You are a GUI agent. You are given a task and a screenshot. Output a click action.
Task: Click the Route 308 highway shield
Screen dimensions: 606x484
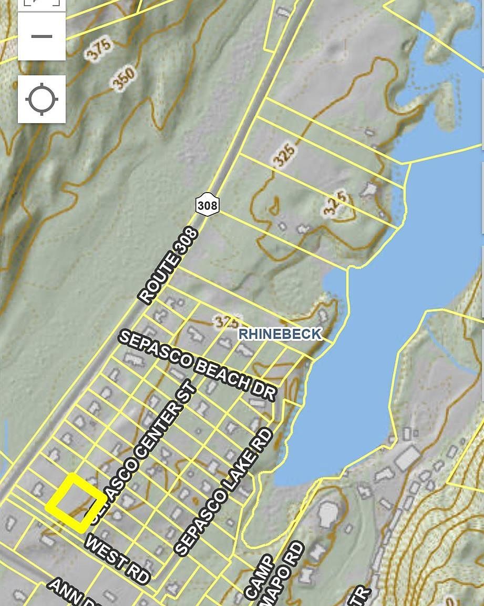tap(207, 205)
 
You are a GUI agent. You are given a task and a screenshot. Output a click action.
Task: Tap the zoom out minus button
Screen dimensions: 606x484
tap(42, 36)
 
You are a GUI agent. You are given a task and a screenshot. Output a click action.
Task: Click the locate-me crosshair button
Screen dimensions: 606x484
tap(42, 99)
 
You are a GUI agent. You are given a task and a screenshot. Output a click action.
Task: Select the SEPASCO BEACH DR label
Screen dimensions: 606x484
tap(197, 365)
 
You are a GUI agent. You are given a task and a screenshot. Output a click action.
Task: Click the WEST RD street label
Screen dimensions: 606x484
tap(117, 559)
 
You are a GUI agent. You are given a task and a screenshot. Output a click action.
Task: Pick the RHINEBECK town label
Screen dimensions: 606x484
tap(280, 334)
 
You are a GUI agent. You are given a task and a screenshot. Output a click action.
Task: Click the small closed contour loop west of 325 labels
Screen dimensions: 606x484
tap(273, 209)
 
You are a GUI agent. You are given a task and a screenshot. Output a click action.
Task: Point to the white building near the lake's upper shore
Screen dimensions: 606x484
tap(370, 189)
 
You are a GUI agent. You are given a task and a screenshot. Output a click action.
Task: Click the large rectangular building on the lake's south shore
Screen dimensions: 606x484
tap(407, 458)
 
